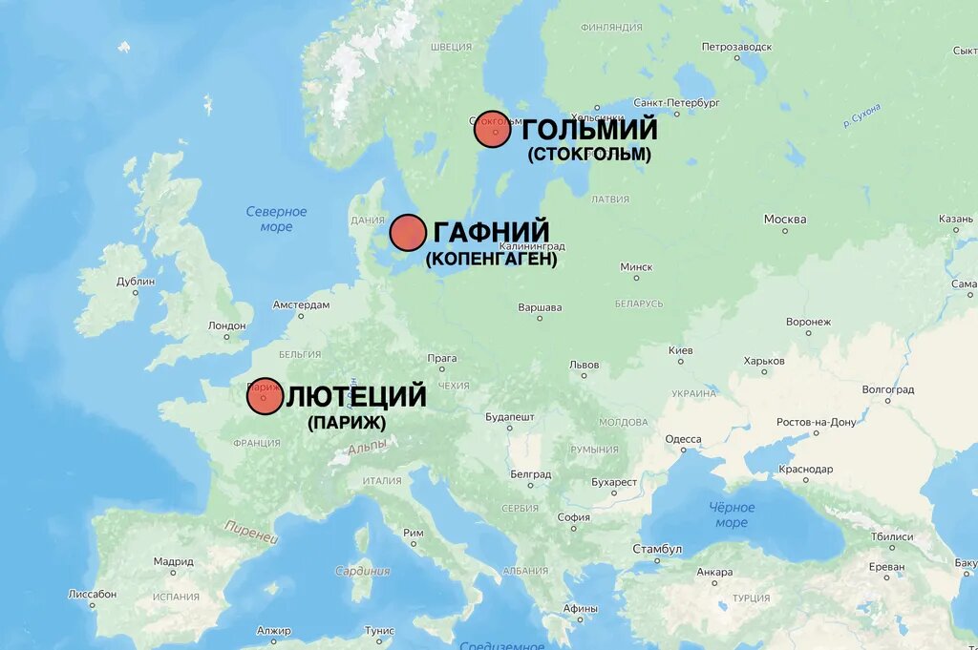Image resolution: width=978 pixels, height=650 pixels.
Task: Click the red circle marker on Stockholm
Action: click(x=493, y=129)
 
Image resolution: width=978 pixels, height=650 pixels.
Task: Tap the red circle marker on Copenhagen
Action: click(x=408, y=233)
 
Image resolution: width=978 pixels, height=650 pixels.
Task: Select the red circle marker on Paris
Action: click(x=265, y=396)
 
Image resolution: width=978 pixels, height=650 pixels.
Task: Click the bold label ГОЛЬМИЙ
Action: click(x=589, y=129)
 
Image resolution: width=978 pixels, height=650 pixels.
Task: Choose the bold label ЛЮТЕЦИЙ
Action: click(x=356, y=396)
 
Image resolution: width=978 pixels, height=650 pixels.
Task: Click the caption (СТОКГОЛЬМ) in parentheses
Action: click(x=588, y=155)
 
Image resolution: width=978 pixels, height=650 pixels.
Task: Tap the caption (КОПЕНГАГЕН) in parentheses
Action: click(x=491, y=259)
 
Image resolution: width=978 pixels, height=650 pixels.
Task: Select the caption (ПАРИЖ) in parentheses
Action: click(x=346, y=422)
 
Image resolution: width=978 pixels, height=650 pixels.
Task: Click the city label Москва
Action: click(x=784, y=220)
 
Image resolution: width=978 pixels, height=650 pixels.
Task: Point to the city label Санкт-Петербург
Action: click(x=676, y=102)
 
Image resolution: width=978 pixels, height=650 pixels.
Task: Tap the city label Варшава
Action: click(x=540, y=307)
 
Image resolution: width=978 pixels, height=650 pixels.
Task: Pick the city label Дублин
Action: click(x=135, y=282)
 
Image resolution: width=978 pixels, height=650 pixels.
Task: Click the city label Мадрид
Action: click(x=173, y=561)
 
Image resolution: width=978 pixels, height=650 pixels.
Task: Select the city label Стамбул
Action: click(x=657, y=549)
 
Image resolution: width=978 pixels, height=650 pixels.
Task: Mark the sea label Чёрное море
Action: click(x=732, y=515)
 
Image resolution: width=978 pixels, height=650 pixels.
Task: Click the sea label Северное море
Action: click(x=276, y=219)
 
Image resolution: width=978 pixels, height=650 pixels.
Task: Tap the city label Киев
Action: click(x=680, y=350)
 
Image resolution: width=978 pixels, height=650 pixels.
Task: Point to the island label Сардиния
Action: click(x=362, y=571)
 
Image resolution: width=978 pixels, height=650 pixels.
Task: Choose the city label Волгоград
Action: click(x=887, y=389)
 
